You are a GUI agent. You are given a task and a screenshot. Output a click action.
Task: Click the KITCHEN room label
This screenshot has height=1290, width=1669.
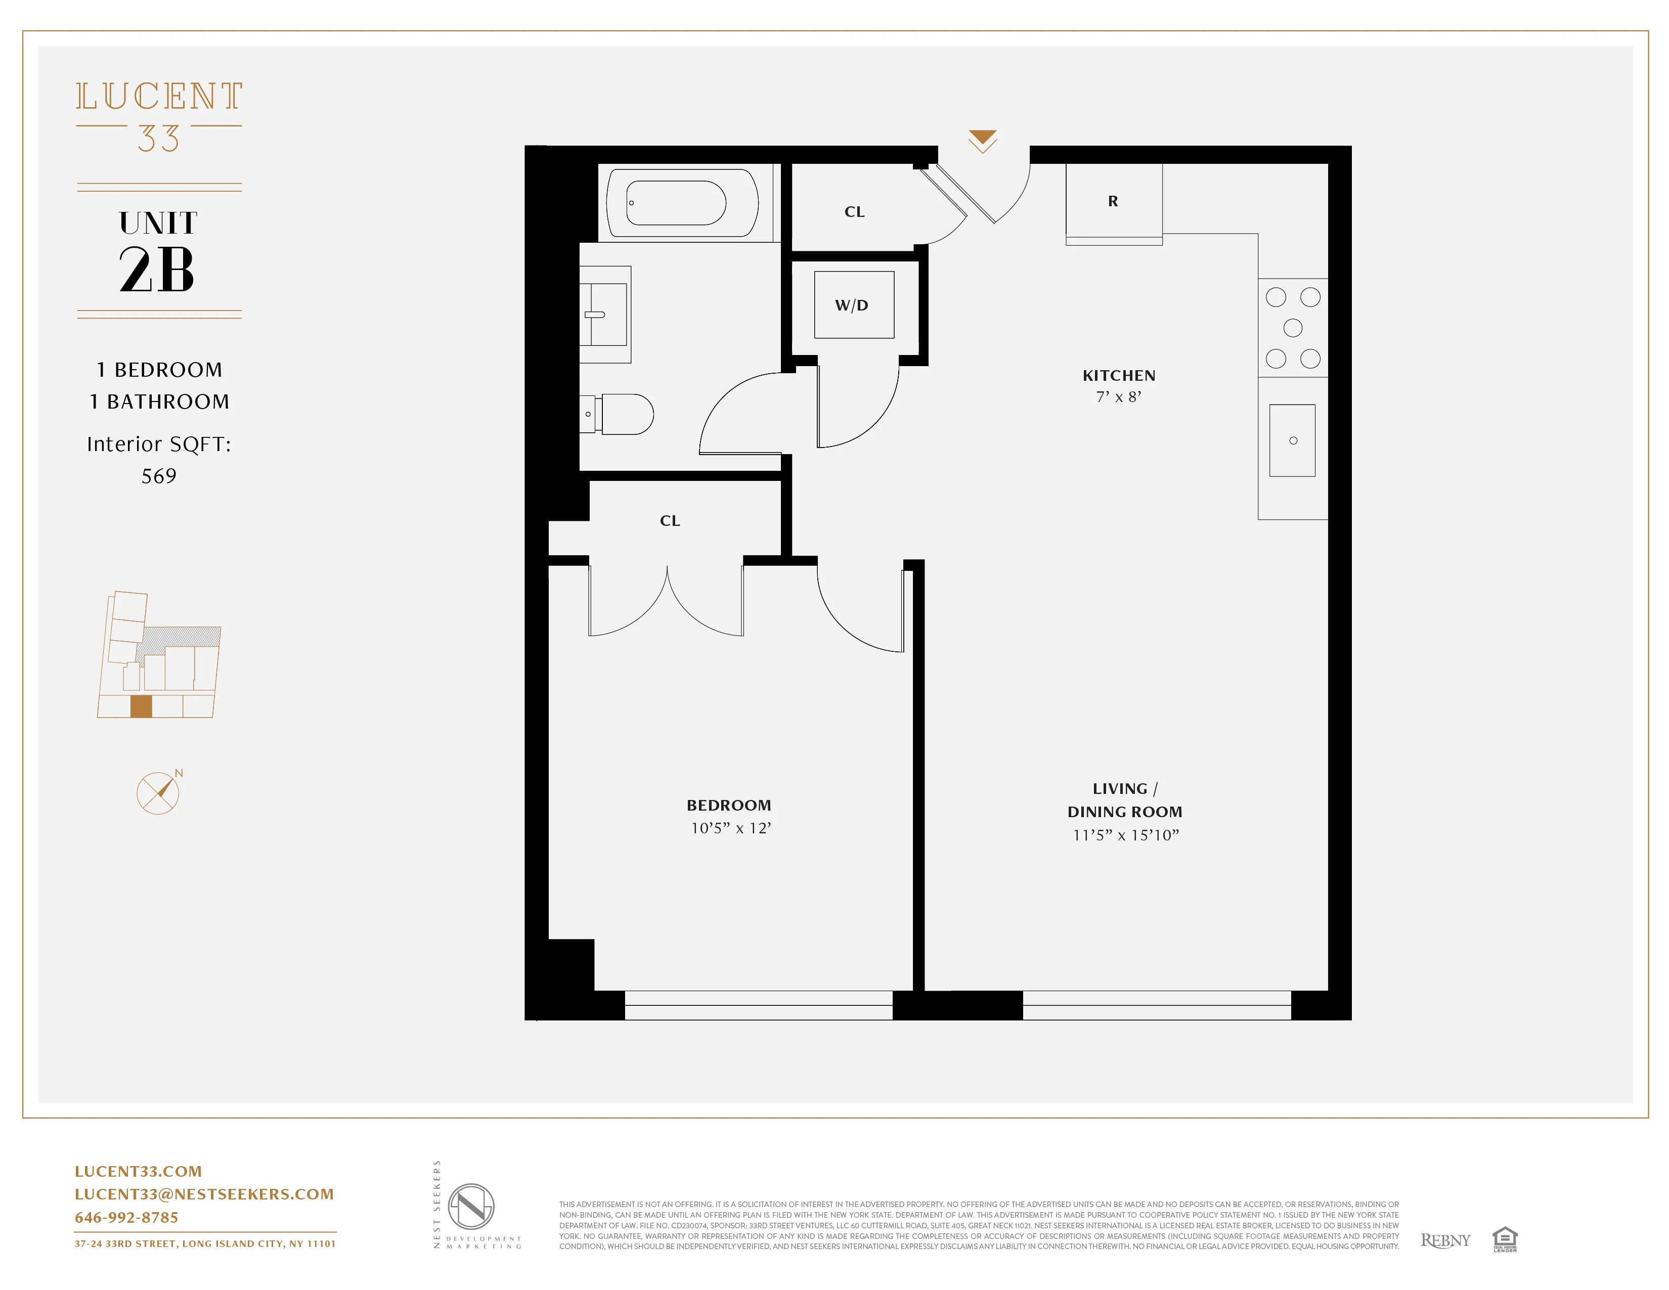pos(1119,375)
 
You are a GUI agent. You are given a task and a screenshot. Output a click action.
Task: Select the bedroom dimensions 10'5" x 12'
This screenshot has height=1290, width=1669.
pos(731,828)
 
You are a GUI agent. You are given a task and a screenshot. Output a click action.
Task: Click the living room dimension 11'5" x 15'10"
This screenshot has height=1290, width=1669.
pos(1126,835)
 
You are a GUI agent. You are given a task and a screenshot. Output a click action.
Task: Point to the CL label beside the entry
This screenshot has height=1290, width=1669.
pos(854,212)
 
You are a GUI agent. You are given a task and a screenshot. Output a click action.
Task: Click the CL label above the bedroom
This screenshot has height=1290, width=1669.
pos(670,520)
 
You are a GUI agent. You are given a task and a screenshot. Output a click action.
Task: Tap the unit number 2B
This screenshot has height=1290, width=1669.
pos(157,269)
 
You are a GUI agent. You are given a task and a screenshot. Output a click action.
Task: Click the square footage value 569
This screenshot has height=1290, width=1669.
pos(159,476)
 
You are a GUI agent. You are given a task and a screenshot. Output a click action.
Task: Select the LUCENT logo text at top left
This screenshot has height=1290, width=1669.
pos(159,97)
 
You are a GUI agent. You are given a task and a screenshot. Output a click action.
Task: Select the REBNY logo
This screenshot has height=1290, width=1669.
pos(1444,1240)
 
